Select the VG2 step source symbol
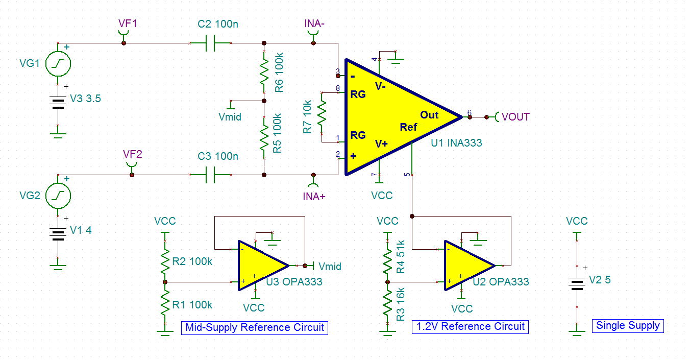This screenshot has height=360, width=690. coord(58,195)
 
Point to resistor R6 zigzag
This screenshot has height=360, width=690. coord(264,73)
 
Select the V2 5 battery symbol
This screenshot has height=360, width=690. coord(577,284)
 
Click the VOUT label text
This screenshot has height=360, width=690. coord(515,117)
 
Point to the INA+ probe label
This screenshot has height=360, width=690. coord(314,197)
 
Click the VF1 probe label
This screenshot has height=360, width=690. coord(128,23)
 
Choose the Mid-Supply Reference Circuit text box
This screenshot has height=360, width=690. coord(255,327)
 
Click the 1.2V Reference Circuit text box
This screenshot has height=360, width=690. coord(470,326)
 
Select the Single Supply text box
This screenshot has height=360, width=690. coord(628,325)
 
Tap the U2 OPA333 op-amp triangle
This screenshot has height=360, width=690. coord(466,266)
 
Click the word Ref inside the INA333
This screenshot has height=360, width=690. coord(408,127)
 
